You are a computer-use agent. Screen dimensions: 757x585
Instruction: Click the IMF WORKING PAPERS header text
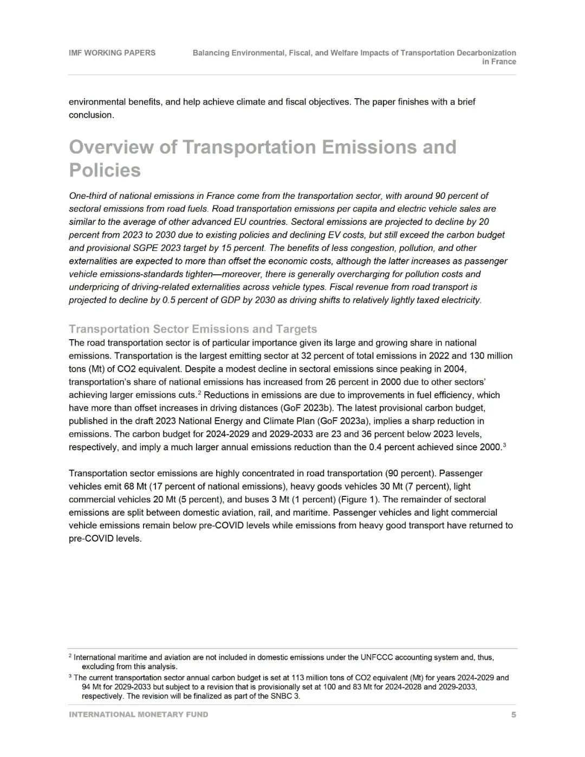point(112,53)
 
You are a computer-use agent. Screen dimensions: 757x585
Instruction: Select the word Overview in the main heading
point(111,147)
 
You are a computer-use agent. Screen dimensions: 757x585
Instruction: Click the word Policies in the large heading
point(105,171)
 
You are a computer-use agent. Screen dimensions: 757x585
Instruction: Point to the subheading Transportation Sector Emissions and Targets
point(193,329)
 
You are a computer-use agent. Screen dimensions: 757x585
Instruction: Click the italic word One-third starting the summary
point(88,196)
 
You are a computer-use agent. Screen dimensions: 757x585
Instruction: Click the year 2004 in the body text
point(455,369)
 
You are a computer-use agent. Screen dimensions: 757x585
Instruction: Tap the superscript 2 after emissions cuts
point(199,393)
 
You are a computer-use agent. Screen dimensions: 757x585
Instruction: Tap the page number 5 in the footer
point(513,715)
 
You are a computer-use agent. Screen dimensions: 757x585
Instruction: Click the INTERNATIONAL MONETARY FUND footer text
point(138,715)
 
